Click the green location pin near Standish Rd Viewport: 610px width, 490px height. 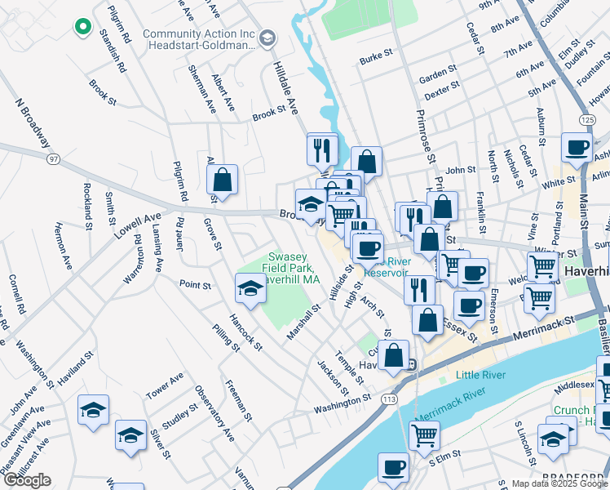[82, 27]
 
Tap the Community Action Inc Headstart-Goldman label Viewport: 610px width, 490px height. [199, 39]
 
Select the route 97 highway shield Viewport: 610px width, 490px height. [53, 158]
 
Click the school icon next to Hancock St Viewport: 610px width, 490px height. [250, 288]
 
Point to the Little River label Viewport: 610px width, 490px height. [480, 375]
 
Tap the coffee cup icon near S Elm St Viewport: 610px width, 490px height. [393, 468]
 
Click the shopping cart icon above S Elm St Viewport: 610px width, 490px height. [424, 436]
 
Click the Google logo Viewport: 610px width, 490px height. [26, 480]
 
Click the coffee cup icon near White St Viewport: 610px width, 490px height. [577, 148]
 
